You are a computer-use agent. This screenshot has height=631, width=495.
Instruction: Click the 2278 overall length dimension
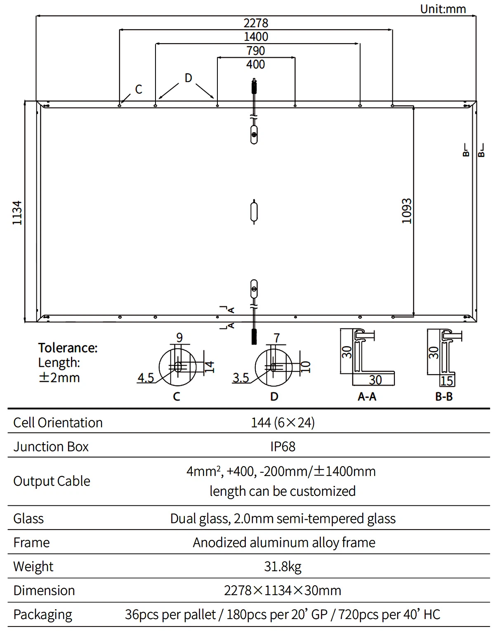[256, 23]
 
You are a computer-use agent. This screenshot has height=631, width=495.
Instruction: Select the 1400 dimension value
[256, 37]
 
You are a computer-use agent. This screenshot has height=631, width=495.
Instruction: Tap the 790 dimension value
[256, 51]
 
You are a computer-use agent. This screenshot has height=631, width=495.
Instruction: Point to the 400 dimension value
[256, 64]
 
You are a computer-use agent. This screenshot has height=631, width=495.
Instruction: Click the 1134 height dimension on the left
[17, 213]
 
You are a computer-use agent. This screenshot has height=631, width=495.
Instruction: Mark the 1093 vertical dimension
[407, 211]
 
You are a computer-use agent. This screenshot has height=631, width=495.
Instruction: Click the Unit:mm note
[443, 9]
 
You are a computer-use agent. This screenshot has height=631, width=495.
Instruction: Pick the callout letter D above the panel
[188, 78]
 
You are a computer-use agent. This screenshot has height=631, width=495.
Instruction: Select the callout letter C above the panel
[139, 89]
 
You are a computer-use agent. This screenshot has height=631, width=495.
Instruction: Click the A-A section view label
[367, 396]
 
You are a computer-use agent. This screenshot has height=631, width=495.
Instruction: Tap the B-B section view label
[444, 396]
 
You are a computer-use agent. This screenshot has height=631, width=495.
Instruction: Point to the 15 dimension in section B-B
[447, 381]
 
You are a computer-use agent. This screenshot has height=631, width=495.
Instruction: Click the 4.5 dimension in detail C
[146, 378]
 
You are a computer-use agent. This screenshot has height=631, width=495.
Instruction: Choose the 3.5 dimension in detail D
[240, 378]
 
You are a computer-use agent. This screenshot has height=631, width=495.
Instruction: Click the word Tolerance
[68, 348]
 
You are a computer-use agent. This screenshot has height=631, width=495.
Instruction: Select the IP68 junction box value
[283, 446]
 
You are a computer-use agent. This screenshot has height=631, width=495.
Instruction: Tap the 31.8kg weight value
[283, 566]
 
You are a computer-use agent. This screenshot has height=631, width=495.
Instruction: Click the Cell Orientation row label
[58, 422]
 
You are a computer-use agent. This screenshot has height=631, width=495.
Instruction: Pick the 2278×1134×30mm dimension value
[283, 590]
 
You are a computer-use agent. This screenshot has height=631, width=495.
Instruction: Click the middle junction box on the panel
[255, 211]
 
